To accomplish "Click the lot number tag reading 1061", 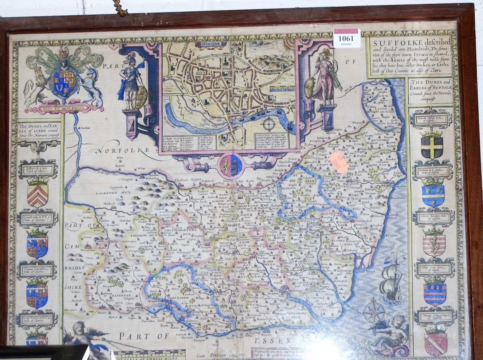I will coord(347,39).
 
